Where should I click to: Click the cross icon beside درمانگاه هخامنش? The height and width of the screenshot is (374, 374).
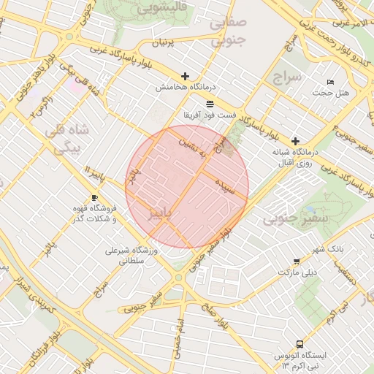185,76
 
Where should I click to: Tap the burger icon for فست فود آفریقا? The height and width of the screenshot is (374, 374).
210,103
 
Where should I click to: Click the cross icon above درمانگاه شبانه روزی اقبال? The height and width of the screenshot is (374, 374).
295,141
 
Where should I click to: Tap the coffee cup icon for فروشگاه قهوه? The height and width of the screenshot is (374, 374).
95,198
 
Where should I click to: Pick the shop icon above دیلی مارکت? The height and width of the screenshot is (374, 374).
297,261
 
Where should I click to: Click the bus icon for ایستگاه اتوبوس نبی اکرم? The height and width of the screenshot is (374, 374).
299,344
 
